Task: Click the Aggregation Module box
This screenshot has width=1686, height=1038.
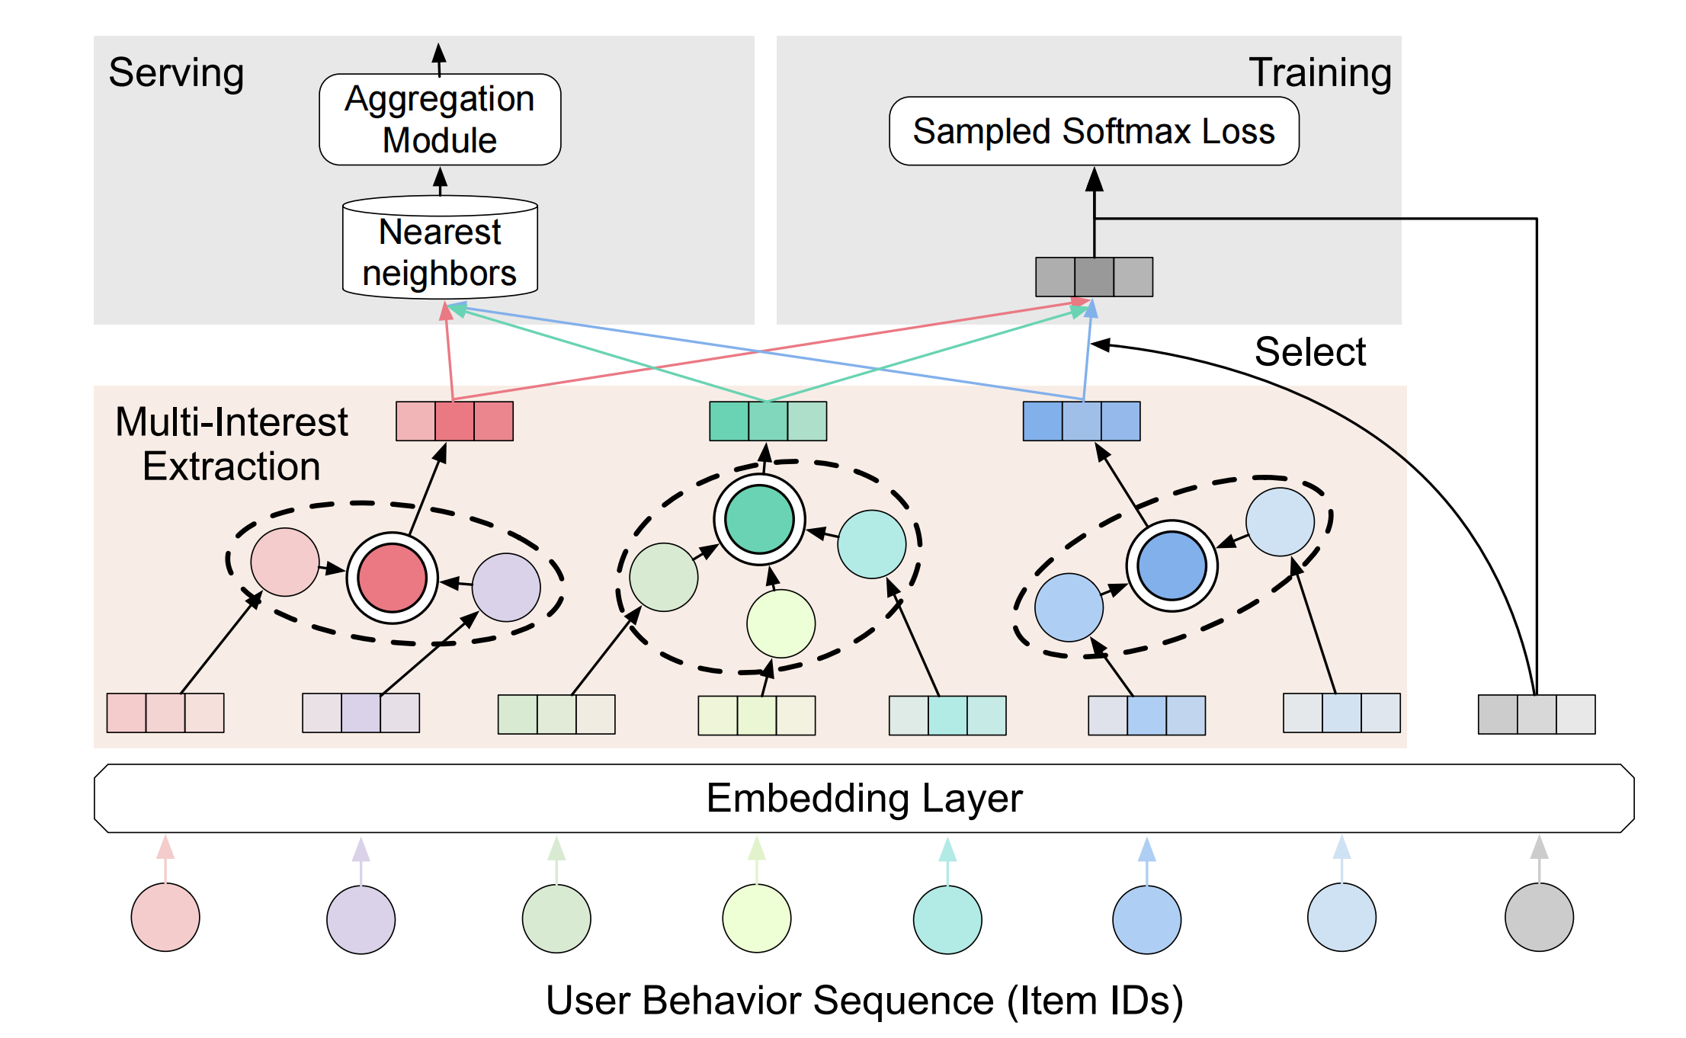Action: click(440, 120)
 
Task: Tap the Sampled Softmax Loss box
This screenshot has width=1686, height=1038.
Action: click(1094, 131)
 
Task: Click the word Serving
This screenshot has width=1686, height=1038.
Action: click(176, 73)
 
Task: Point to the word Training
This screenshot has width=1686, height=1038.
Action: click(1320, 73)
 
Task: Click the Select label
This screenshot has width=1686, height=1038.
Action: click(1309, 352)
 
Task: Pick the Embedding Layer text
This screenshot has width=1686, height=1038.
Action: click(864, 798)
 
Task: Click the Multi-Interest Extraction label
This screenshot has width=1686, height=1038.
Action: click(232, 444)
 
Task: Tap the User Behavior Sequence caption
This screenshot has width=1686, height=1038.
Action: click(864, 1000)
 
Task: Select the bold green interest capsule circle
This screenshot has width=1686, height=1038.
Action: click(759, 520)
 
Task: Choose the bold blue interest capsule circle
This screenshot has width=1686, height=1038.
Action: click(1172, 566)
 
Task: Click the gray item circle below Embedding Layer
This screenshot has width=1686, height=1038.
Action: click(1539, 917)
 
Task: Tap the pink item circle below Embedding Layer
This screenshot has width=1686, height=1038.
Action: click(165, 917)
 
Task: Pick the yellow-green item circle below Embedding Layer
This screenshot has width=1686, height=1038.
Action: click(756, 918)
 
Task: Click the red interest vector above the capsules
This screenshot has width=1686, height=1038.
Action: click(454, 421)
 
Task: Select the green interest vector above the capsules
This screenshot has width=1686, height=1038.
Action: click(768, 421)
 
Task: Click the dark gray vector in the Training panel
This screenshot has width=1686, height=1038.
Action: click(1094, 277)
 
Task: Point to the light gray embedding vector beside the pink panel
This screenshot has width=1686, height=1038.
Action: click(1536, 714)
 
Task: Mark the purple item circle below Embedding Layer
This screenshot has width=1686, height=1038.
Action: click(361, 919)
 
